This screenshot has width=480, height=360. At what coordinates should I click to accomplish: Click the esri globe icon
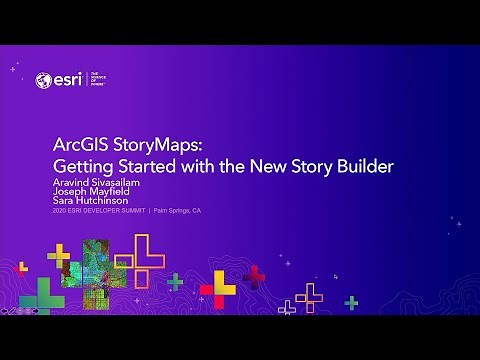coord(43,80)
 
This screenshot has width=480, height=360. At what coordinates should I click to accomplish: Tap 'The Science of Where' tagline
coord(98,79)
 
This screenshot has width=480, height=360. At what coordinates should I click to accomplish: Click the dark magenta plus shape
coord(254,275)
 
